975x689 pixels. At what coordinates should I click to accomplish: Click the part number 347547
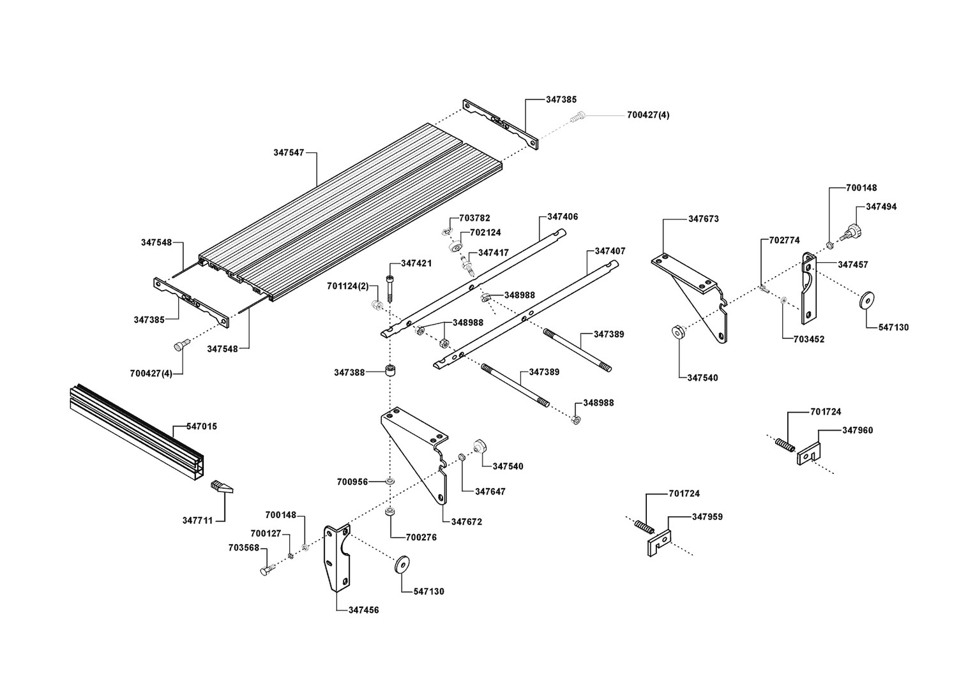[289, 152]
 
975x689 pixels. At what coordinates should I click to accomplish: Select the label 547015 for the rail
[202, 426]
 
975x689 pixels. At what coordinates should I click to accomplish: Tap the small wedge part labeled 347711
[221, 488]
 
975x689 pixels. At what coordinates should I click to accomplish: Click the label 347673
[703, 219]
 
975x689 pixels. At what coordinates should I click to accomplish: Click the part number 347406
[563, 217]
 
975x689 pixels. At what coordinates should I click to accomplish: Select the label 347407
[610, 251]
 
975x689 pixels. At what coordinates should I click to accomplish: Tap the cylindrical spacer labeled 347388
[388, 371]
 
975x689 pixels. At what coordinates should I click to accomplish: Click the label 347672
[467, 522]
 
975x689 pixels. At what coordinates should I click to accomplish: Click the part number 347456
[363, 610]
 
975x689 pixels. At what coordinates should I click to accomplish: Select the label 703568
[243, 547]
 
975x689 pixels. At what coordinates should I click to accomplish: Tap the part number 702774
[784, 241]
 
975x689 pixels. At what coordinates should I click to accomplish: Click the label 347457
[853, 264]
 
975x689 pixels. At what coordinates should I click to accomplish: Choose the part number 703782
[474, 218]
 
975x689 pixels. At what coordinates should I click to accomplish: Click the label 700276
[421, 538]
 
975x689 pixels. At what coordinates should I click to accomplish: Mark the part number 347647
[490, 491]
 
